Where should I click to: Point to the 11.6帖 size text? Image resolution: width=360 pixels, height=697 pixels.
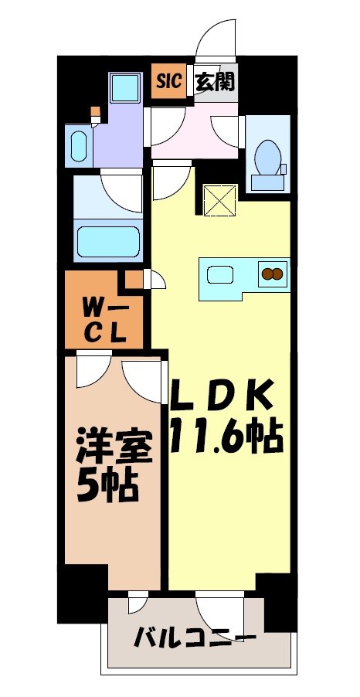click(x=226, y=438)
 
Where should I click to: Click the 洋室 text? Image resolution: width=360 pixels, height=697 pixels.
click(x=113, y=447)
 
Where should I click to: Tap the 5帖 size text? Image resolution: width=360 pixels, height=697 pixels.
click(x=108, y=485)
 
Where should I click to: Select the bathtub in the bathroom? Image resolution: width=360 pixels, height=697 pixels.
click(x=108, y=239)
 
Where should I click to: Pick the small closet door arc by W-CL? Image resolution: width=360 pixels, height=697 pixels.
click(x=157, y=280)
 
